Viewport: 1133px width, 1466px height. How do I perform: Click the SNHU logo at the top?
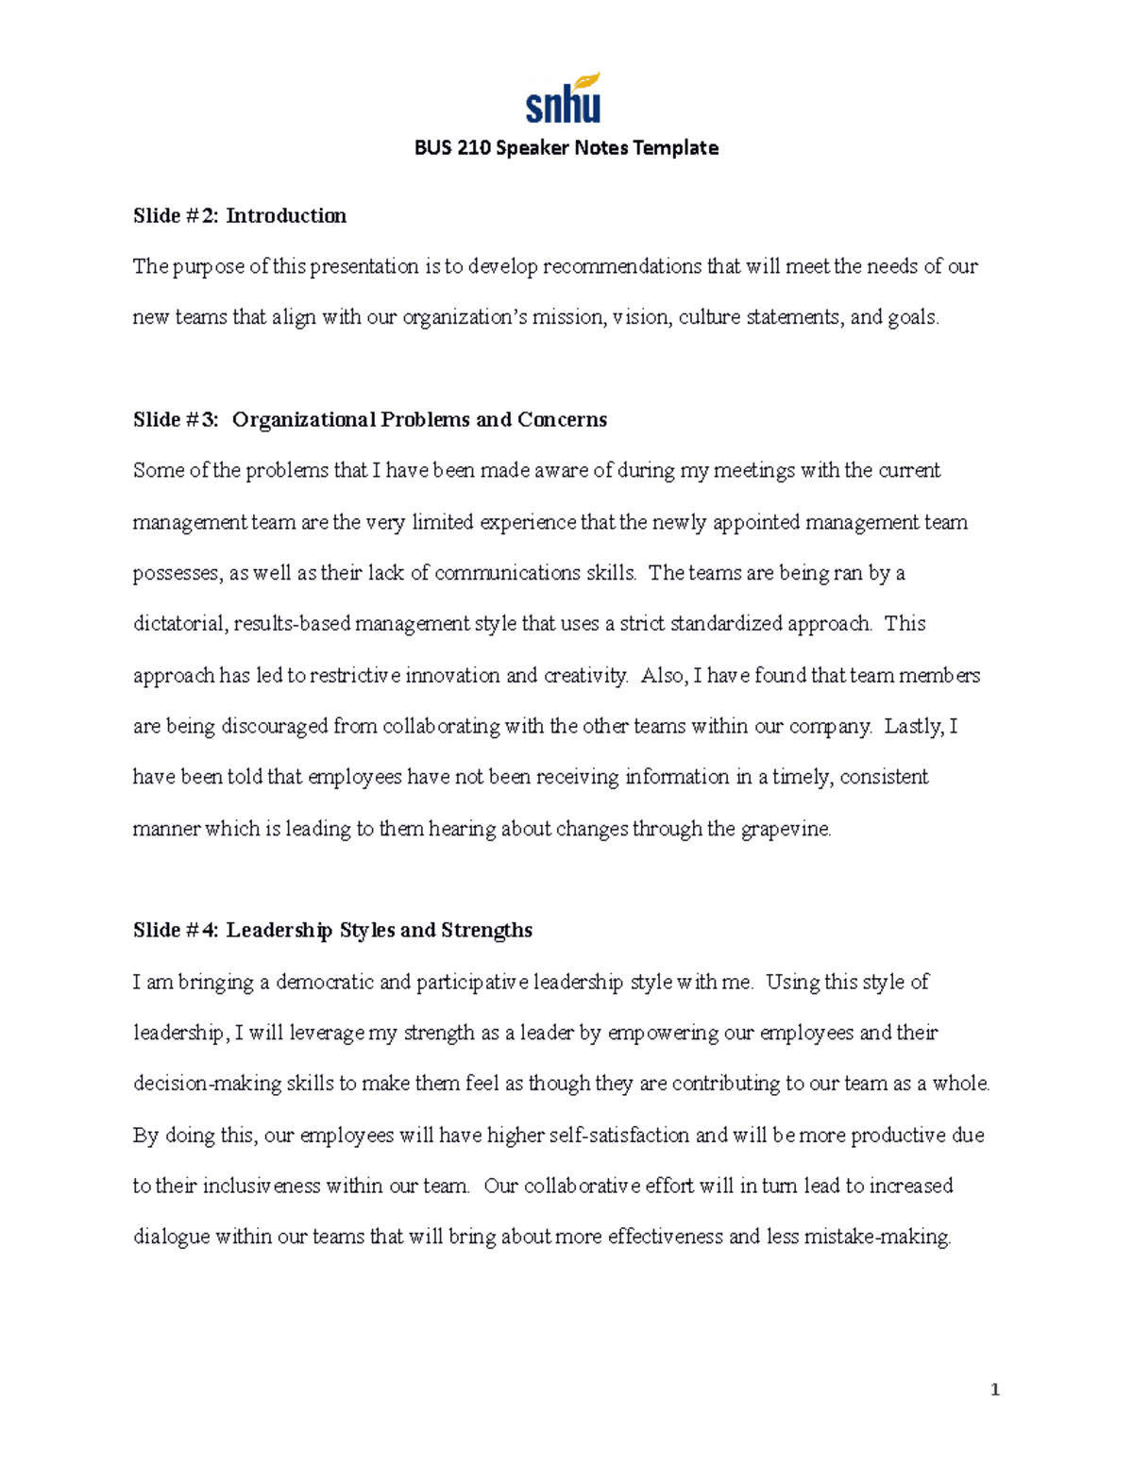564,98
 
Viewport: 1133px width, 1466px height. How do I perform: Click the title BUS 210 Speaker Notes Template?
566,148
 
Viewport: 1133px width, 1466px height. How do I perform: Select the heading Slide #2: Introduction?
240,216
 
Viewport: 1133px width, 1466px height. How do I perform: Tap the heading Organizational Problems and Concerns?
419,420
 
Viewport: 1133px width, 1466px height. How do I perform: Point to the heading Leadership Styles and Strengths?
379,931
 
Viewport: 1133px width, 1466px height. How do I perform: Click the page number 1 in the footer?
994,1390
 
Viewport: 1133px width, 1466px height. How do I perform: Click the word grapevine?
786,830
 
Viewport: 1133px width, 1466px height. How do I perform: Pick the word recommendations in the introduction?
622,267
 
